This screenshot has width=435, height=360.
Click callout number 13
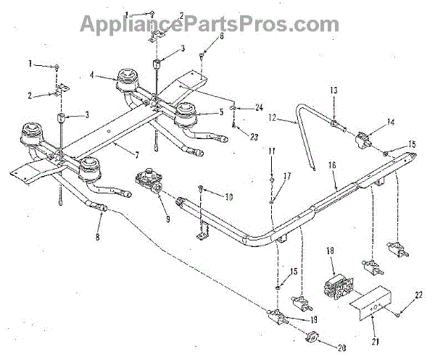(333, 90)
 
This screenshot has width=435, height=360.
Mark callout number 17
(288, 175)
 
